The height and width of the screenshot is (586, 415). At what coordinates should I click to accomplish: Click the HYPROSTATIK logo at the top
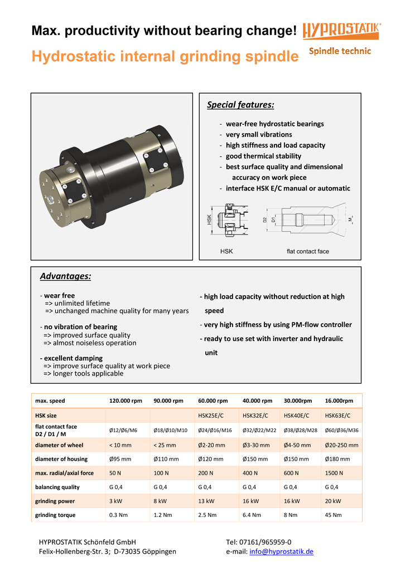click(342, 31)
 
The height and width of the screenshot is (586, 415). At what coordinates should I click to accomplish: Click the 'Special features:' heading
click(240, 105)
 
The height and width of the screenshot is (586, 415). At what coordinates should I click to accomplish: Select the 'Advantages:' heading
click(65, 276)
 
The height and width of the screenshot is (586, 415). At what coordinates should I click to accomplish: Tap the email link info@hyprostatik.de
click(281, 551)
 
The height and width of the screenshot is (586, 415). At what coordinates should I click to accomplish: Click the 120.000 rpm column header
click(126, 401)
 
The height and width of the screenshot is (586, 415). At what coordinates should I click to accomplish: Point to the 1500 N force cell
click(334, 473)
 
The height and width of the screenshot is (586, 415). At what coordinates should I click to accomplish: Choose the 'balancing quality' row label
click(57, 487)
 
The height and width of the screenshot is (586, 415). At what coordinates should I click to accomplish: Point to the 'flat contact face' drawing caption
click(307, 251)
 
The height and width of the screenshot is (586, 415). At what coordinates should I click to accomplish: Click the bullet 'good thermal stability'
click(263, 156)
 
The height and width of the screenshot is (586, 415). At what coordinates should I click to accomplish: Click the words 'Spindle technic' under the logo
click(340, 51)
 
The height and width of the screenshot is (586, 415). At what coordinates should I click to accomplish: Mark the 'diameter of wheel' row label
click(60, 445)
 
